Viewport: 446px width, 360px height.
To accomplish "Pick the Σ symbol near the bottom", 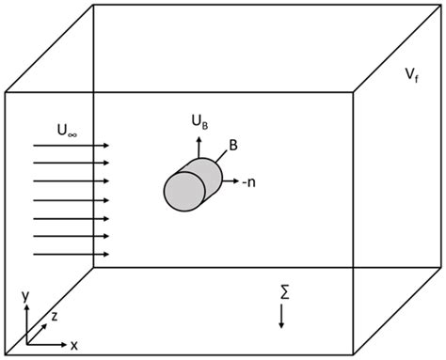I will point(283,294).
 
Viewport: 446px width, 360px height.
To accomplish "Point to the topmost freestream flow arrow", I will point(71,146).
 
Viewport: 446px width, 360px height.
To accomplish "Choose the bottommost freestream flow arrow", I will point(71,254).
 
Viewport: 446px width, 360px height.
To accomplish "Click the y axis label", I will point(25,295).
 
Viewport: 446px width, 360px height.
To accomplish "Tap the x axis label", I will point(73,344).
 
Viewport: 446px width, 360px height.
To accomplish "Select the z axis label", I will point(55,318).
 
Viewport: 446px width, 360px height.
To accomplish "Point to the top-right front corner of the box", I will point(354,91).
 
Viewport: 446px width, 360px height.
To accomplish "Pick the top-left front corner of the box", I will point(6,92).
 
